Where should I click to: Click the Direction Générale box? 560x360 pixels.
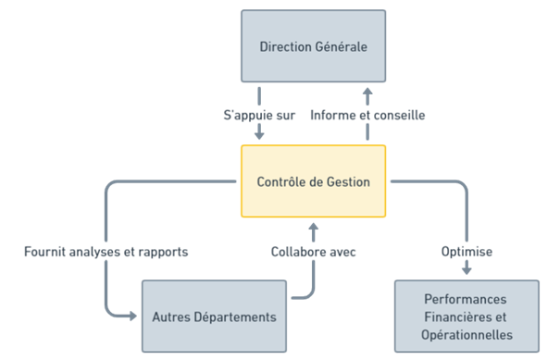[313, 46]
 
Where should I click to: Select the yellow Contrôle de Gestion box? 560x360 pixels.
[313, 181]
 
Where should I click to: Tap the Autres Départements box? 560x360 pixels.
[214, 317]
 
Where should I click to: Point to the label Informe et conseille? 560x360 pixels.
[367, 117]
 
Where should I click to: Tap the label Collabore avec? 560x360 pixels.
[314, 252]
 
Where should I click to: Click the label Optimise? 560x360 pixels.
[467, 252]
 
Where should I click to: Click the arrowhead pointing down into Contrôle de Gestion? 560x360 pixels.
[259, 137]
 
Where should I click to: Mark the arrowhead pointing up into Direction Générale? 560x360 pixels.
[367, 93]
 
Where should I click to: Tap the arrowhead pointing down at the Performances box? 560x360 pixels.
[467, 270]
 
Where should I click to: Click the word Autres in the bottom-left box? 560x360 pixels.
[170, 317]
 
